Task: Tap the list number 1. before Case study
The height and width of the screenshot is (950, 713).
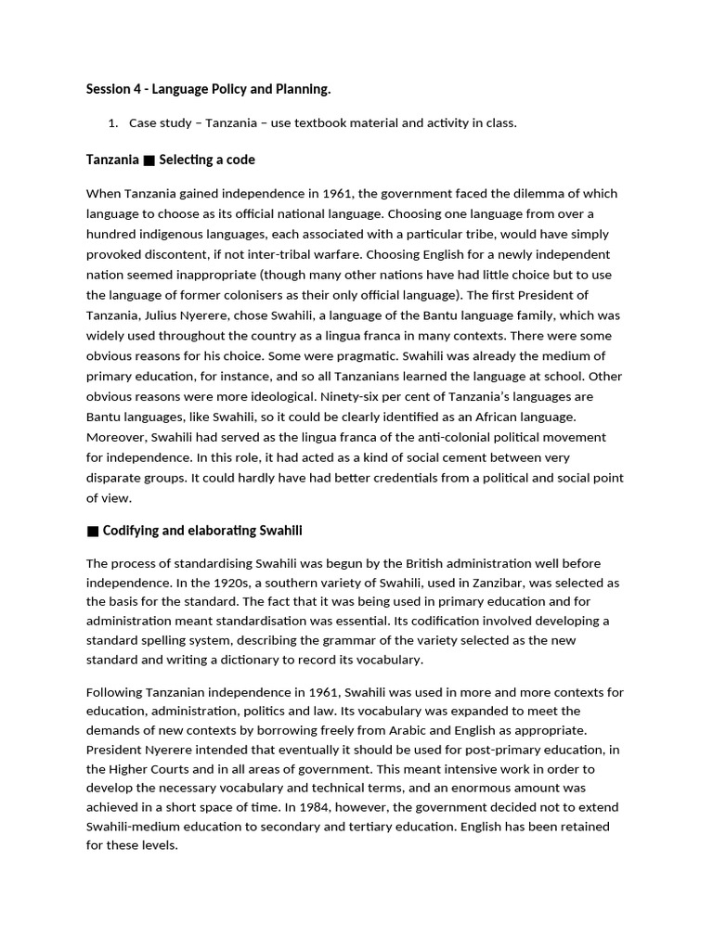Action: [x=114, y=123]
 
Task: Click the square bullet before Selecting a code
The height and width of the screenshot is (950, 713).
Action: [x=149, y=160]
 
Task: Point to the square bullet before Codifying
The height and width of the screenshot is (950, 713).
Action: [x=92, y=532]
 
